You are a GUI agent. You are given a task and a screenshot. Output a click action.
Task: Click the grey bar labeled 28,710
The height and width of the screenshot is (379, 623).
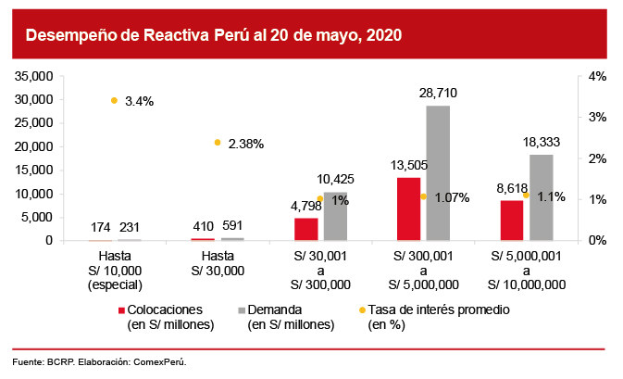pos(438,172)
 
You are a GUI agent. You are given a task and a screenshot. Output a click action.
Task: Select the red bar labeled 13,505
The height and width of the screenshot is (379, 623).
pos(408,208)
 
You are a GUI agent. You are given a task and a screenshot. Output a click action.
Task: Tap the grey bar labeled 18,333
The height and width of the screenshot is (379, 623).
pos(541,197)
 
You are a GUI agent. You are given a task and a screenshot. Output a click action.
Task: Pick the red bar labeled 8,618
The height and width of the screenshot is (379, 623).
pos(511,221)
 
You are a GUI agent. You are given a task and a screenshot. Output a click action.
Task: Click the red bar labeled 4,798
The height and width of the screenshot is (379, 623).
pos(305,229)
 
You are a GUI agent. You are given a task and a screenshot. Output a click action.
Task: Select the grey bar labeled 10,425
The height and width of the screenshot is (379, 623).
pos(335,216)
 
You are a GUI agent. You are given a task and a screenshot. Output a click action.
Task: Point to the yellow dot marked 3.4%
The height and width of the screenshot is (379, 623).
pos(114,100)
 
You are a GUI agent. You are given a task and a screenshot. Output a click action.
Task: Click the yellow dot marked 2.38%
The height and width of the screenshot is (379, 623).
pos(218,142)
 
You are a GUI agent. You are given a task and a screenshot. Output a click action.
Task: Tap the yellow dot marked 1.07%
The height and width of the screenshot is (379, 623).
pos(423,196)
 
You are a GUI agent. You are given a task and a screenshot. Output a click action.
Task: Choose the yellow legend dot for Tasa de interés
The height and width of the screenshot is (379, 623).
pos(362,310)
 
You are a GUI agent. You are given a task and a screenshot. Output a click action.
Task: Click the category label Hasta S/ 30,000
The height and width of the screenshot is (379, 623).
pos(218,264)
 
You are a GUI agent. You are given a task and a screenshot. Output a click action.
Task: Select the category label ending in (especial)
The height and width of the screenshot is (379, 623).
pos(114,286)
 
